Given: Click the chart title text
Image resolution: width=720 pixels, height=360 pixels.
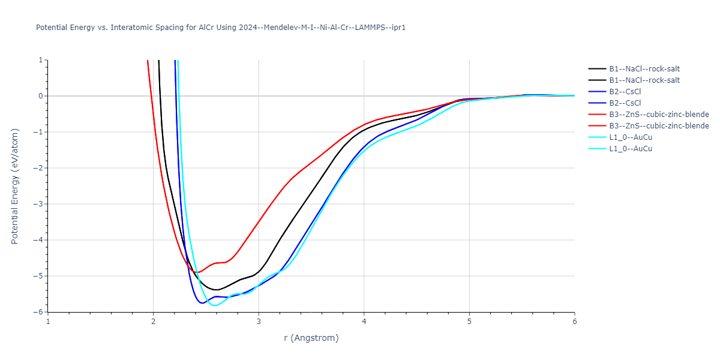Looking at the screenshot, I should [221, 28].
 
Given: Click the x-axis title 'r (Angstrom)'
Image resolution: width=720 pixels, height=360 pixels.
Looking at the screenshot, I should [311, 338].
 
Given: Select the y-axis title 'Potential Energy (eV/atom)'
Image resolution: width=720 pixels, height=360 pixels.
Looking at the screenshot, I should [16, 186].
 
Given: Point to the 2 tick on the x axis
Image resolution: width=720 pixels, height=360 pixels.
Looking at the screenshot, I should [154, 321].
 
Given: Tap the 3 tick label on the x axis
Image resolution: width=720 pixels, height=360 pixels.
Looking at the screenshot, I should [259, 321].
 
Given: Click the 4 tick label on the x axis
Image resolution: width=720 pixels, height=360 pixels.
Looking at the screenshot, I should [364, 321].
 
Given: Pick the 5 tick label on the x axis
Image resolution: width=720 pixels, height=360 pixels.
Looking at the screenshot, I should [469, 321].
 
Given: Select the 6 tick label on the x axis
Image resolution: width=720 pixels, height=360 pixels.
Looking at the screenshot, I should [574, 321].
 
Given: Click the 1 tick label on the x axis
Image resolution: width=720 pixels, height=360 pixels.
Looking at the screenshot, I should [48, 321].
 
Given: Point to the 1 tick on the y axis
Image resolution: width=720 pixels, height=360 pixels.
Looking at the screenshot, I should [40, 60].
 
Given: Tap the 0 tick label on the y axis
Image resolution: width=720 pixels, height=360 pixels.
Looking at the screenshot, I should [40, 96].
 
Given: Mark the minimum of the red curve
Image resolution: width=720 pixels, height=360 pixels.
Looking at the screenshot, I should [197, 272].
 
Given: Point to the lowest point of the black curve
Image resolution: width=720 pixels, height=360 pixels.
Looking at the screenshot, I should [217, 290].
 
